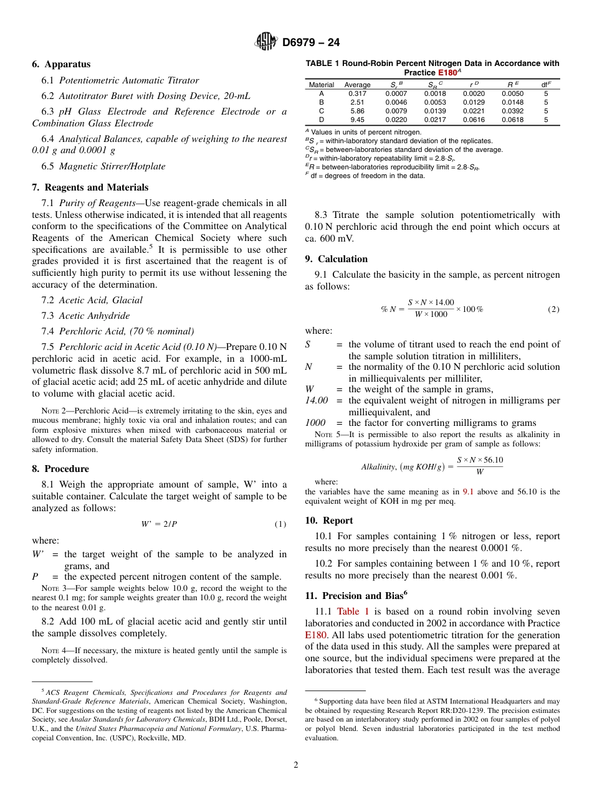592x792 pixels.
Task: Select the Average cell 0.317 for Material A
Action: (x=357, y=93)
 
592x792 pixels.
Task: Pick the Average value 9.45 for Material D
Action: (x=357, y=120)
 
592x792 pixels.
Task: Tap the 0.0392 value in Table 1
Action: (x=513, y=111)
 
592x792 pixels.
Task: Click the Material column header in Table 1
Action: (x=322, y=85)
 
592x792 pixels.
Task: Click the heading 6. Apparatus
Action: (x=61, y=64)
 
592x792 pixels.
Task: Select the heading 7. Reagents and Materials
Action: (x=90, y=187)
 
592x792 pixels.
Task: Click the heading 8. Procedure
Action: (x=60, y=469)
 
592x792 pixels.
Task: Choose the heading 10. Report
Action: (x=329, y=521)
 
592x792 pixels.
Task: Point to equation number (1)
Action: (x=280, y=524)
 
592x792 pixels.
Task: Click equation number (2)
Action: (x=553, y=309)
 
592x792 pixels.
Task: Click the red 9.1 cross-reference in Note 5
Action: (x=467, y=492)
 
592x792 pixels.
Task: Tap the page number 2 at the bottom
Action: (x=296, y=765)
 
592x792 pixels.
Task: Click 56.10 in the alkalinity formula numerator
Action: (x=494, y=460)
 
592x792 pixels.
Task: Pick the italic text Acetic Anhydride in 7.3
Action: (x=94, y=316)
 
